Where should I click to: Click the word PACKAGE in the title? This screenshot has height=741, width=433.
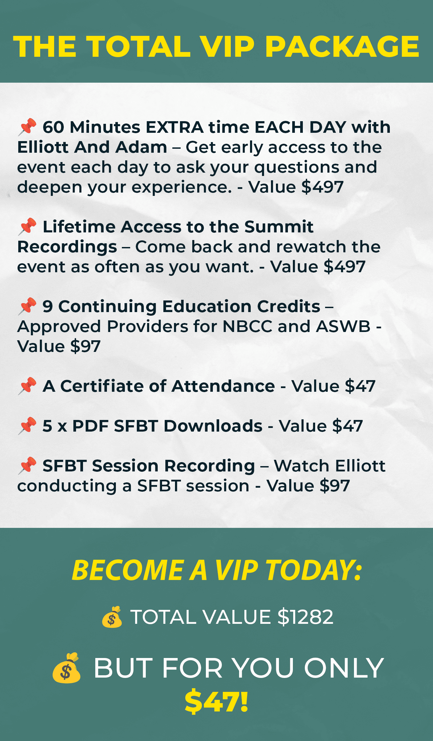[x=342, y=46]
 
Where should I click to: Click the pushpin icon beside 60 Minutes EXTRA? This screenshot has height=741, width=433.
[x=27, y=127]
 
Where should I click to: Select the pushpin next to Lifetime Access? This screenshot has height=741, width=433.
[x=27, y=226]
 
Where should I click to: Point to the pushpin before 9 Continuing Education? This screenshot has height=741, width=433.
[x=27, y=306]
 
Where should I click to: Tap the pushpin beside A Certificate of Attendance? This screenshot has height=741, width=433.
[x=27, y=386]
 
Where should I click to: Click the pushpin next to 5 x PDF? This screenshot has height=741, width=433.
[x=27, y=426]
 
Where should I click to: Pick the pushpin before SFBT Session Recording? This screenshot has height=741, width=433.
[x=27, y=465]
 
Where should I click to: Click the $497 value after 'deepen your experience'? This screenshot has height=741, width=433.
[x=322, y=187]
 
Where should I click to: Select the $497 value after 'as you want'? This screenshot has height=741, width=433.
[x=344, y=267]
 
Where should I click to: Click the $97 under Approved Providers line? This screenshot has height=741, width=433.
[x=85, y=347]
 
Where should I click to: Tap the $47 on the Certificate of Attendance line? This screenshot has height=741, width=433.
[x=360, y=386]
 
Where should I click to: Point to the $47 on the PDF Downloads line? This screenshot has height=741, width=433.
[x=347, y=426]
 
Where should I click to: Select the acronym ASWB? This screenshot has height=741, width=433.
[x=343, y=326]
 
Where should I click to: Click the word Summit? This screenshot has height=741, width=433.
[x=279, y=227]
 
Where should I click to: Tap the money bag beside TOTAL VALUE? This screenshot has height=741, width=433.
[x=112, y=617]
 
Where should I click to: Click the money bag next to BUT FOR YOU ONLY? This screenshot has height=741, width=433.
[x=66, y=668]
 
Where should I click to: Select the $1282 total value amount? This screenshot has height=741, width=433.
[x=305, y=617]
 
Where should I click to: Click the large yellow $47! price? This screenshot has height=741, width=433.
[x=217, y=701]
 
